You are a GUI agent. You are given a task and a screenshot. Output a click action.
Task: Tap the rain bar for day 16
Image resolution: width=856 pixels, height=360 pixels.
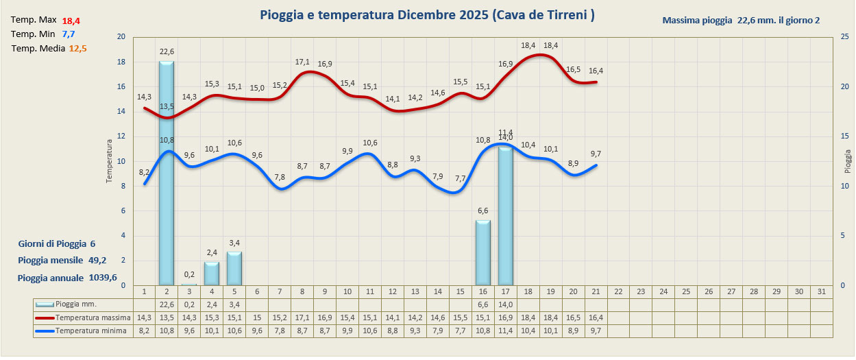click(482, 252)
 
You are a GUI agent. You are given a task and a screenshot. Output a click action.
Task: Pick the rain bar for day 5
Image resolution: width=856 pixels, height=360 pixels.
click(234, 268)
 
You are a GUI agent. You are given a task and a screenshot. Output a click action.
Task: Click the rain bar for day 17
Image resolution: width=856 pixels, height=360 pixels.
click(505, 216)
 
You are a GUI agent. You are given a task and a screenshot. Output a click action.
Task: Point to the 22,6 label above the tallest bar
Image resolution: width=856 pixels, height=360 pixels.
click(167, 51)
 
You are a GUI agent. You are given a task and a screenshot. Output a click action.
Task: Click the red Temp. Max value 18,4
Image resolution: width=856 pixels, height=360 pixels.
click(71, 21)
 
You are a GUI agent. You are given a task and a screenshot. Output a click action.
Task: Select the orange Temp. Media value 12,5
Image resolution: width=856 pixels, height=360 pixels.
click(77, 49)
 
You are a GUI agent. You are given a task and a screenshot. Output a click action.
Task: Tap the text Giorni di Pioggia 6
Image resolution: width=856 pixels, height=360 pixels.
click(57, 243)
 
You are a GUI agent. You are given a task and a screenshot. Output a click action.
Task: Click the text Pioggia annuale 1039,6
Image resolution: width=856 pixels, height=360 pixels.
click(66, 278)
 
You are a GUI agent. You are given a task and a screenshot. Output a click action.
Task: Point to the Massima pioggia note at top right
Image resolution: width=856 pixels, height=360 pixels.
click(741, 21)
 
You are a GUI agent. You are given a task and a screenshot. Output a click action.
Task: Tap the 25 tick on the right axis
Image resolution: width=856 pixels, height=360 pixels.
click(842, 37)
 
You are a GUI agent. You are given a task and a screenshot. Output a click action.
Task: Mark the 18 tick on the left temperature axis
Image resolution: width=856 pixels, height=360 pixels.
click(121, 62)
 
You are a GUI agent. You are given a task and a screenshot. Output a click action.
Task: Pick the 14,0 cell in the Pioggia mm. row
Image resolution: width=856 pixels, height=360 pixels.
click(505, 304)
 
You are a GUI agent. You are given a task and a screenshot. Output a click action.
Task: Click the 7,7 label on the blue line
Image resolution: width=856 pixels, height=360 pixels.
click(460, 179)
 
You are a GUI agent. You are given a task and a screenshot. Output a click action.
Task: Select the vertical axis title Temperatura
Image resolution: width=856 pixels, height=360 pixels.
click(109, 161)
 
